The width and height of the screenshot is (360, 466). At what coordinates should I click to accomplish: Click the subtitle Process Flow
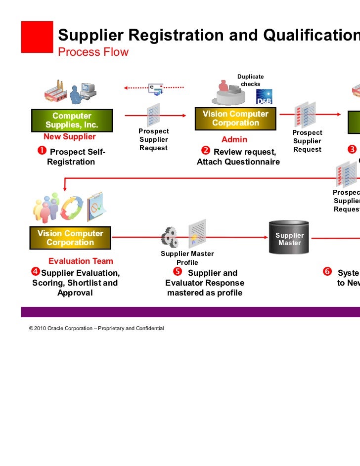[93, 52]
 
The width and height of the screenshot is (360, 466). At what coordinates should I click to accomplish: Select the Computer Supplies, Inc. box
[72, 120]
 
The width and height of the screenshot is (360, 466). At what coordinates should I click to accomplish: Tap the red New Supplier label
[70, 137]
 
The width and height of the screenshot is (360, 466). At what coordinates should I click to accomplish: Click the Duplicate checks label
[250, 80]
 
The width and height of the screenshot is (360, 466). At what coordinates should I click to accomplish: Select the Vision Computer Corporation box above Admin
[235, 119]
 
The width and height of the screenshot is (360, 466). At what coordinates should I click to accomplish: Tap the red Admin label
[234, 140]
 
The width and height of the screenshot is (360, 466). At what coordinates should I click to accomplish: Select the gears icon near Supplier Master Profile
[170, 238]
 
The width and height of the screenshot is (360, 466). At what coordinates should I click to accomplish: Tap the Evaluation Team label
[81, 261]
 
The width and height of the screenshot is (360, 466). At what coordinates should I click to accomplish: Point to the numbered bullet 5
[177, 271]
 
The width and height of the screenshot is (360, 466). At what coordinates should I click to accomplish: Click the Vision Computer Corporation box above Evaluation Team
[70, 238]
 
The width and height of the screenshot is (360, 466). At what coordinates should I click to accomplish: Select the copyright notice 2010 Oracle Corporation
[96, 329]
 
